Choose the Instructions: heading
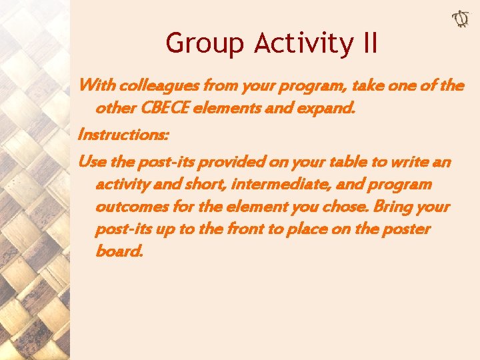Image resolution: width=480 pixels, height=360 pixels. click(123, 135)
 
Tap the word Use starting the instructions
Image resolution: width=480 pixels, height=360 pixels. click(92, 162)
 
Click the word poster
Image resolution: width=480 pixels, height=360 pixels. click(406, 230)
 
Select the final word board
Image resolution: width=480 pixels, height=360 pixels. click(119, 253)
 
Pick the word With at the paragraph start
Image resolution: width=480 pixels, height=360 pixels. click(96, 86)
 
